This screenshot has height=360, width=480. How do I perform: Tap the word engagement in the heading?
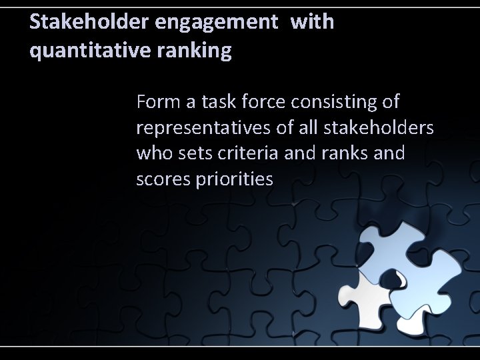point(214,23)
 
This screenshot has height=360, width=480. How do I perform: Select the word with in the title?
point(312,23)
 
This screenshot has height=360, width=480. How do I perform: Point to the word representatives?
point(199,128)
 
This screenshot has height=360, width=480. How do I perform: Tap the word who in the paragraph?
point(153,154)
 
